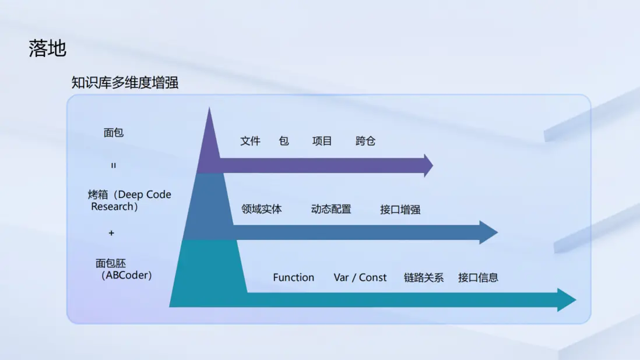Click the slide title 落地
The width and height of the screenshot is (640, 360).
coord(47,48)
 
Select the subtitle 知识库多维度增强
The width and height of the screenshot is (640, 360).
coord(125,82)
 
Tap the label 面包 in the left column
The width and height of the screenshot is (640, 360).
coord(114,132)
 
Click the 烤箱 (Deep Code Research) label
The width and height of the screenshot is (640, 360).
coord(129,200)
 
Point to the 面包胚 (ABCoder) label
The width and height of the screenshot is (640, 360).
coord(124,269)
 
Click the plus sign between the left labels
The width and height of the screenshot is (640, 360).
coord(111,233)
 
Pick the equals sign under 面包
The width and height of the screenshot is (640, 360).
coord(114,165)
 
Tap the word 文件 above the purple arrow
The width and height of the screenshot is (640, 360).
coord(250,141)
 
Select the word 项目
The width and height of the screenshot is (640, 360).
coord(322,141)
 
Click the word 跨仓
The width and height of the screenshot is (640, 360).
coord(365,141)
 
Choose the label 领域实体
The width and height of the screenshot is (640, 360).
coord(262,209)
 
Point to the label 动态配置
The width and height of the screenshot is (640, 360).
coord(331,209)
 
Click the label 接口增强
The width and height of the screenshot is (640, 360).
coord(400,210)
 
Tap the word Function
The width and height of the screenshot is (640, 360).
coord(293,278)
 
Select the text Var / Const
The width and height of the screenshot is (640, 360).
coord(360,278)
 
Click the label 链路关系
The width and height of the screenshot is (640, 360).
coord(424,278)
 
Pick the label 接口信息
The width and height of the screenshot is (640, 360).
coord(478,278)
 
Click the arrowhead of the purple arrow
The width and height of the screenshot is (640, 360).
coord(428,165)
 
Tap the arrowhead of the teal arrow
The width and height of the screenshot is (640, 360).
coord(567,300)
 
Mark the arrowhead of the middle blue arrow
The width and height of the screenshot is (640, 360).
coord(488,232)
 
